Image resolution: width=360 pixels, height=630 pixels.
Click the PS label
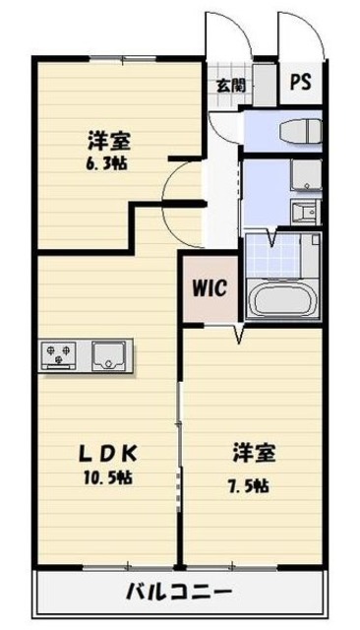point(300,83)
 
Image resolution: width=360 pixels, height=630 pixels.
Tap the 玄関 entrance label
point(230,85)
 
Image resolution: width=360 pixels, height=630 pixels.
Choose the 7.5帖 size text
point(254,485)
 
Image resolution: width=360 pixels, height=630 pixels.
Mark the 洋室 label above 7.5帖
point(254,454)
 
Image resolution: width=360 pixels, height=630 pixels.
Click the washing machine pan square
point(304,176)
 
